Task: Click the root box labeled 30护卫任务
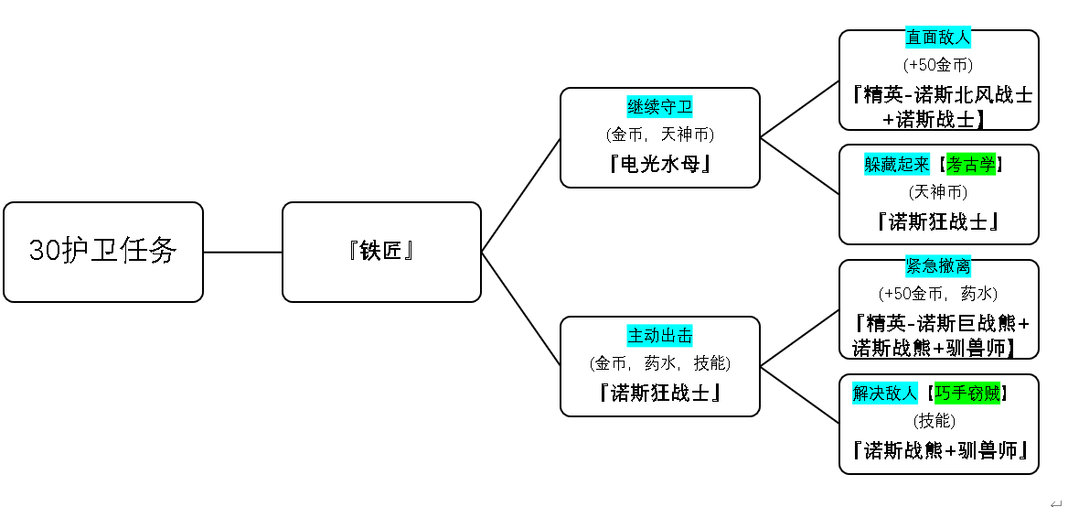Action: tap(103, 252)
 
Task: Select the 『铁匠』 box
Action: tap(381, 252)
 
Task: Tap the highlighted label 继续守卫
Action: tap(660, 106)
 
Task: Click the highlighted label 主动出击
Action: tap(660, 335)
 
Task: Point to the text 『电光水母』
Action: tap(660, 164)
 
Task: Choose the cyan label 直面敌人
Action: tap(938, 37)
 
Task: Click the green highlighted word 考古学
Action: tap(970, 164)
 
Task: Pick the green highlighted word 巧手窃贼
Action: tap(967, 394)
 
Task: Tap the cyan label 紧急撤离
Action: tap(938, 265)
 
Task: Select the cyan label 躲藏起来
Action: tap(897, 164)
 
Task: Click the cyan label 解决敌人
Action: tap(885, 394)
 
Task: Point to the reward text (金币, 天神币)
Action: tap(660, 135)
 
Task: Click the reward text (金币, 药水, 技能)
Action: tap(660, 364)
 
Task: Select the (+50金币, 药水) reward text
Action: tap(938, 294)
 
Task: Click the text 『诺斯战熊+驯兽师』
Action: tap(939, 450)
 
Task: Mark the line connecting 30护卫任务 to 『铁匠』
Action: tap(242, 253)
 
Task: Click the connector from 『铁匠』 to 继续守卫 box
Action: tap(521, 195)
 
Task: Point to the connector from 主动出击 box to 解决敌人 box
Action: tap(800, 395)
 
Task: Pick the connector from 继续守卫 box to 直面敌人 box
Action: tap(800, 109)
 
